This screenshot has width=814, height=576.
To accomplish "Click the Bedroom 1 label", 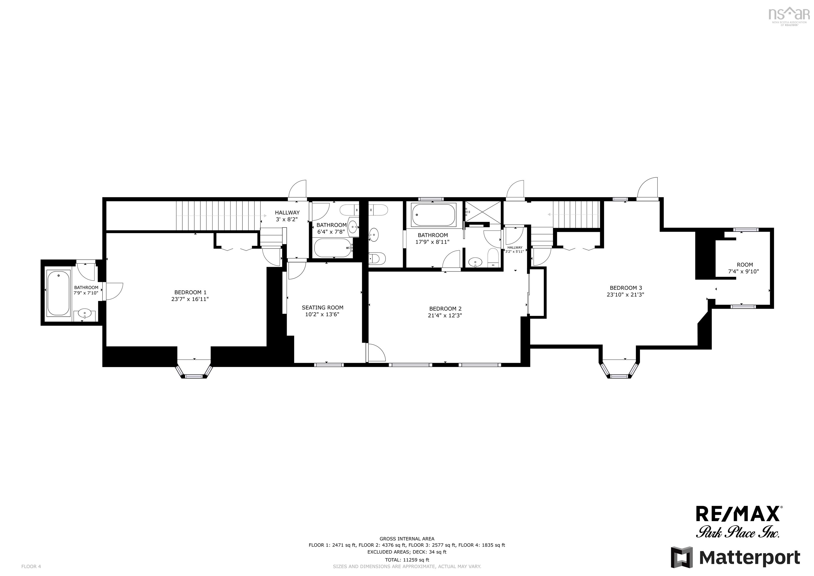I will click(190, 293).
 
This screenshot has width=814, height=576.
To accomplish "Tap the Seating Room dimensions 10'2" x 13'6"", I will click(322, 315).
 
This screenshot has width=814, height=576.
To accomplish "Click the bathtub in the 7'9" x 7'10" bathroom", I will click(59, 293).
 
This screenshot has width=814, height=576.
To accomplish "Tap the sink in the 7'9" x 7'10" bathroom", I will click(85, 314).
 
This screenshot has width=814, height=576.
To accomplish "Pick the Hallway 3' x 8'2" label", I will click(287, 216).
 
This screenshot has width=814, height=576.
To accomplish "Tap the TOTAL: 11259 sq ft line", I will click(407, 560).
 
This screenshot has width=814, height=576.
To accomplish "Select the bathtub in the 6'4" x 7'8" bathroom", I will click(333, 248).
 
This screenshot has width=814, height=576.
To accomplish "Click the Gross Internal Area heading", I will click(407, 539).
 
